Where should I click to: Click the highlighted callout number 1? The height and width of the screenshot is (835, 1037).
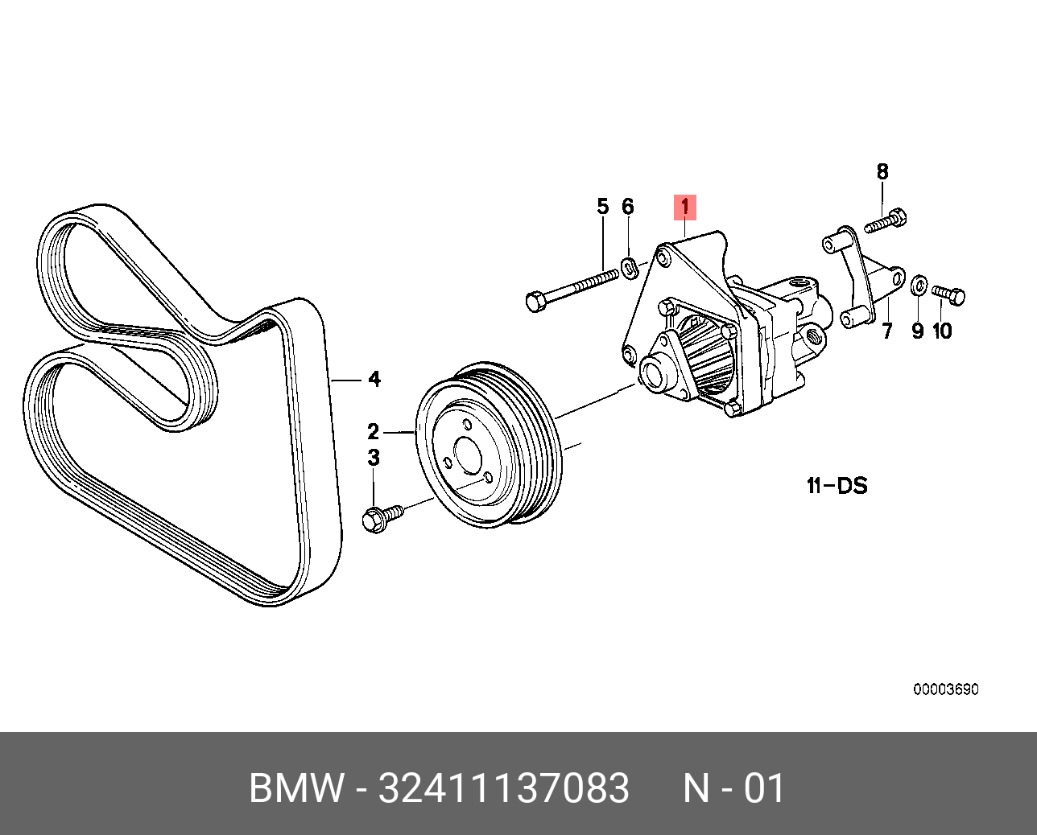684,208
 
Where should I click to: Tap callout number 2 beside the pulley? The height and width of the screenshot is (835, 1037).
374,431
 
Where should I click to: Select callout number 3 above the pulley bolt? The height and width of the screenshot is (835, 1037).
374,458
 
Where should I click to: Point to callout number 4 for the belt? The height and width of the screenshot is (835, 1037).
374,379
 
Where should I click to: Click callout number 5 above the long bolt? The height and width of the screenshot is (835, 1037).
603,207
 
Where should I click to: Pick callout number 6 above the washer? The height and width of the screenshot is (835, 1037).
628,207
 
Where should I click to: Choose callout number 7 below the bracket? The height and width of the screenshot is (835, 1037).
887,331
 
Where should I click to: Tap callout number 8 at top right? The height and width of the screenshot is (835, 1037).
882,171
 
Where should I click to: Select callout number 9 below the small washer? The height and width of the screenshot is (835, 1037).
917,331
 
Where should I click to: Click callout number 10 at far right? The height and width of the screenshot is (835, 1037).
942,331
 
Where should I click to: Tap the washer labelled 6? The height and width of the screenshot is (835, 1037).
630,265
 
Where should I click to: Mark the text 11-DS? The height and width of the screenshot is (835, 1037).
837,485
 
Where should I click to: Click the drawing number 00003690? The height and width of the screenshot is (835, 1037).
945,689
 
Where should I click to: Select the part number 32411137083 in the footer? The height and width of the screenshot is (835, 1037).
504,788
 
